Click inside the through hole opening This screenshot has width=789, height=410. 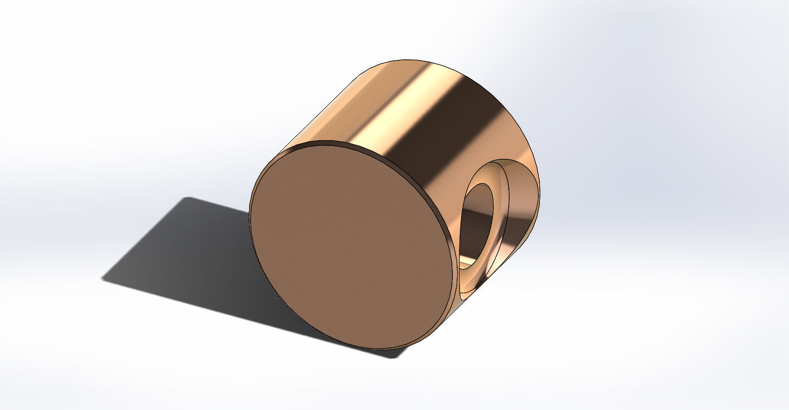pyautogui.click(x=478, y=225)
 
